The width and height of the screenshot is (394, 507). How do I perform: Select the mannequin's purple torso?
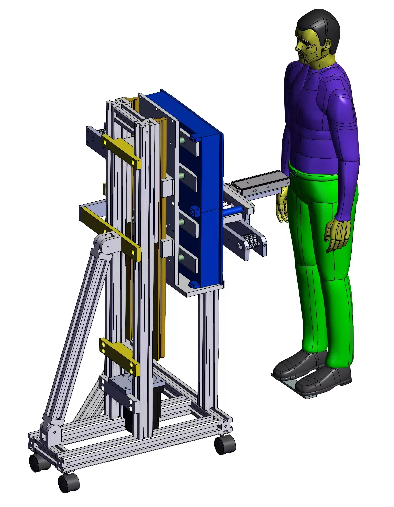(318, 113)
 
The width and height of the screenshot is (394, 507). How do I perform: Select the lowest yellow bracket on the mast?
(119, 355)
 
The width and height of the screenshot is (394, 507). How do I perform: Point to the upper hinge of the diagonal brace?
(106, 245)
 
